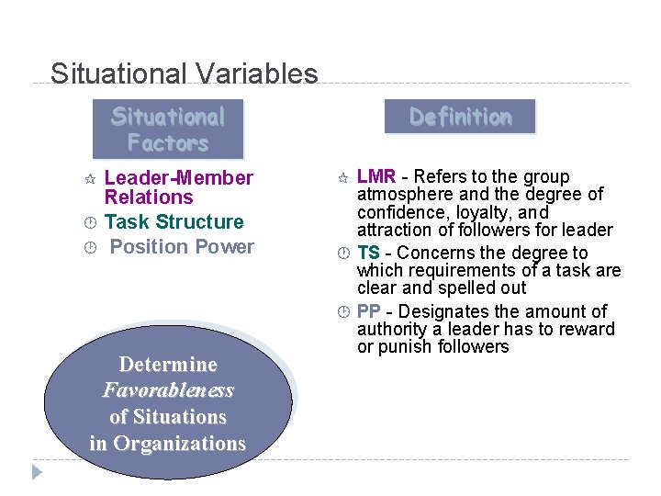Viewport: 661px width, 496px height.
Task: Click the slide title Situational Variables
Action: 184,73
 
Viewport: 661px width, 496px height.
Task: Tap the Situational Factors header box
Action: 167,130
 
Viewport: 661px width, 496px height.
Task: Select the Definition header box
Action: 459,117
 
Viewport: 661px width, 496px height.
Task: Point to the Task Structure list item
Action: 174,221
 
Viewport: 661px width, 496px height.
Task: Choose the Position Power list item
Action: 182,246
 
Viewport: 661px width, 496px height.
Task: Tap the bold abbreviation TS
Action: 368,253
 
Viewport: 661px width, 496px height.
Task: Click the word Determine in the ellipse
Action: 168,364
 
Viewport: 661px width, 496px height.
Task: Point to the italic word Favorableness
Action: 168,390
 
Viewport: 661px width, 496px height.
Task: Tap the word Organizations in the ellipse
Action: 179,444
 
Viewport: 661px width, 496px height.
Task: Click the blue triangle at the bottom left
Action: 36,472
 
